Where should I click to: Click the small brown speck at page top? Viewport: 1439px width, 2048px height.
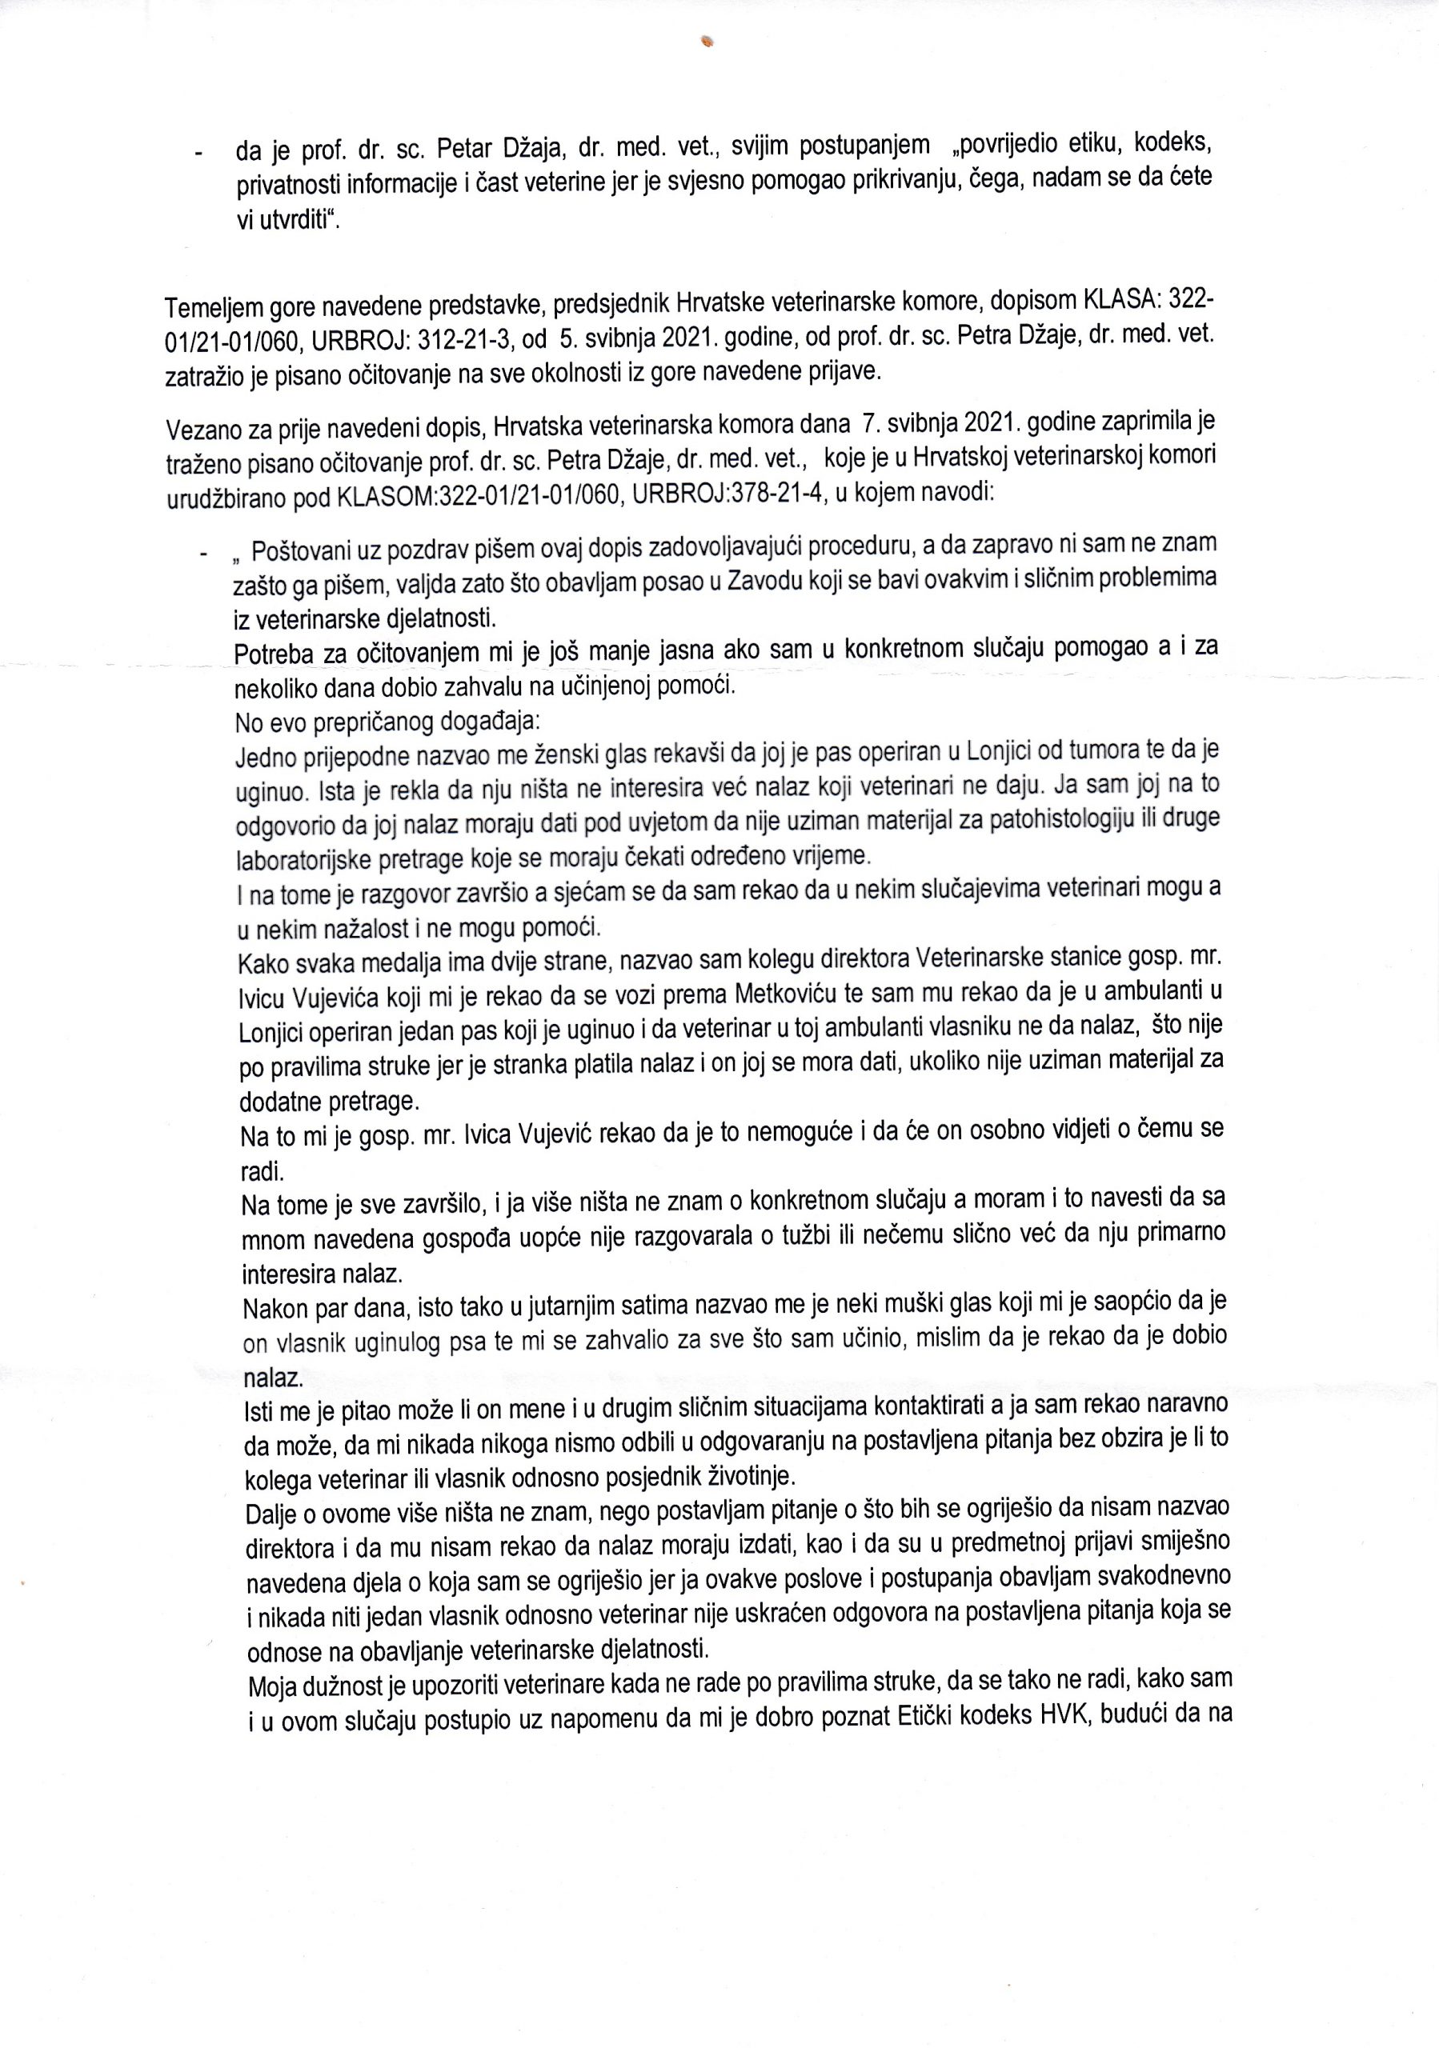point(709,40)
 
